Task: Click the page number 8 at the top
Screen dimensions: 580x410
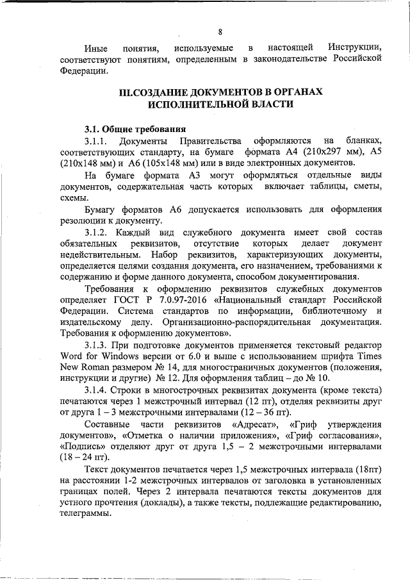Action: (219, 32)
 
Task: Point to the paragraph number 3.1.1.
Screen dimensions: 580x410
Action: (99, 140)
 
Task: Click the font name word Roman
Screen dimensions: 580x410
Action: (93, 369)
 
